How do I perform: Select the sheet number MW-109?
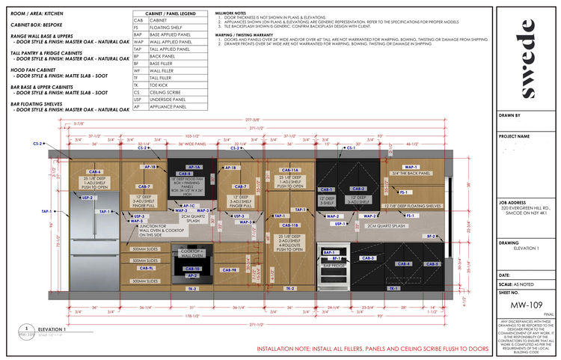(521, 305)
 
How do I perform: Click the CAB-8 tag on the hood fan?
(194, 174)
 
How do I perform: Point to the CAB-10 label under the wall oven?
(191, 268)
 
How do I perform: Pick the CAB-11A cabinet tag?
(290, 171)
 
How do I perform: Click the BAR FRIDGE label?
(332, 263)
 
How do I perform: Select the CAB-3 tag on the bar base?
(367, 257)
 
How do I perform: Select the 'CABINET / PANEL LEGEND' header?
(166, 13)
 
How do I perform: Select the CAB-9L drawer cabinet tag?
(147, 268)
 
